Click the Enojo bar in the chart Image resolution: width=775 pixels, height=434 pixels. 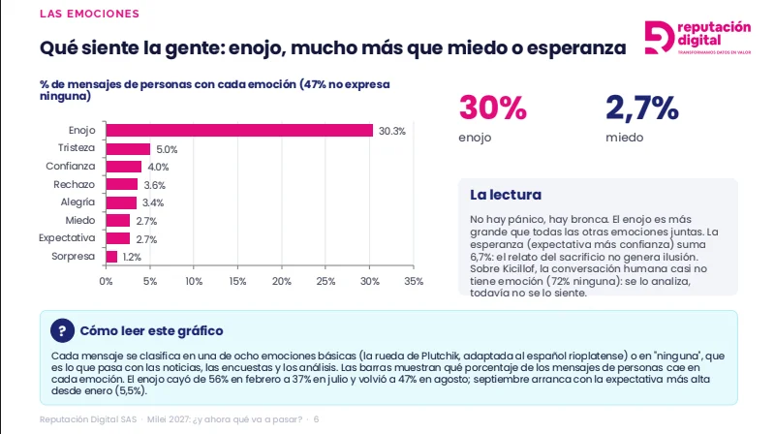point(239,131)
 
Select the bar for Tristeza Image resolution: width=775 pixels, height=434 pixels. point(128,149)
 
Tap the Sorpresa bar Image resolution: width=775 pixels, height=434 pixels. point(111,257)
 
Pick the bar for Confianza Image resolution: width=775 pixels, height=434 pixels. point(124,167)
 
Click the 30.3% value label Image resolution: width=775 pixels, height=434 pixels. point(392,131)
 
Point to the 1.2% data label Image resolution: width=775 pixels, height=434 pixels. point(132,257)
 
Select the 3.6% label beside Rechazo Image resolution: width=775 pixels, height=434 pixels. point(155,185)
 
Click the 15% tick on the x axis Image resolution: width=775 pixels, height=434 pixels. point(237,281)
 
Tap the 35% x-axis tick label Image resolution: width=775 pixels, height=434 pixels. point(414,281)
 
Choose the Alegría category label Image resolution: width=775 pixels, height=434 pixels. point(77,202)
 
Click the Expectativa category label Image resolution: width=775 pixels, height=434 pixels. point(67,237)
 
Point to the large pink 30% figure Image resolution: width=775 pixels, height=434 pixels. point(493,108)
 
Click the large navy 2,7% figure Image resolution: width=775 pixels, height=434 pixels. point(642,108)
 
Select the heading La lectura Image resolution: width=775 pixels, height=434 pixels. point(506,195)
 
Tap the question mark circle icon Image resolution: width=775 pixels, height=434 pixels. point(62,330)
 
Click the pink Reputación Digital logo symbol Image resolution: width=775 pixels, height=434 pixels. point(660,37)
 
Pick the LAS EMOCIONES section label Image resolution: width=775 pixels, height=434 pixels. point(89,14)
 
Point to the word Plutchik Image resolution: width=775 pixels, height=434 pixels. point(440,356)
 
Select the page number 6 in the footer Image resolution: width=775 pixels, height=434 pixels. point(317,419)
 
